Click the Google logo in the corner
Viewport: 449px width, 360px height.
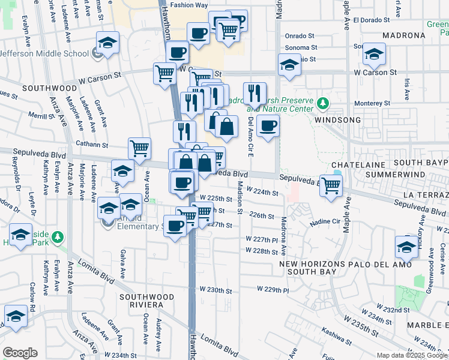(20, 353)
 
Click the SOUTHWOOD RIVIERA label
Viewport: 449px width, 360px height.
(146, 301)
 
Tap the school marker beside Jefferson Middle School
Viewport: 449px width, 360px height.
(107, 43)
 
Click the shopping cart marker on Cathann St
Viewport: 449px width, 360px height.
(139, 148)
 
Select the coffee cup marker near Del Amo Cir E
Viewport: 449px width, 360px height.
(268, 126)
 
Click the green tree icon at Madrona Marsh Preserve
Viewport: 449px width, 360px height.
(323, 103)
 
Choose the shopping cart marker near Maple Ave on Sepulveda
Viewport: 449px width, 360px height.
(331, 185)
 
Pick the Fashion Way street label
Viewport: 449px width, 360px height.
(188, 5)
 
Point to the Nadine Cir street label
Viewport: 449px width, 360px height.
(324, 223)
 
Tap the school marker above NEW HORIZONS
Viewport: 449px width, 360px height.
(406, 247)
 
